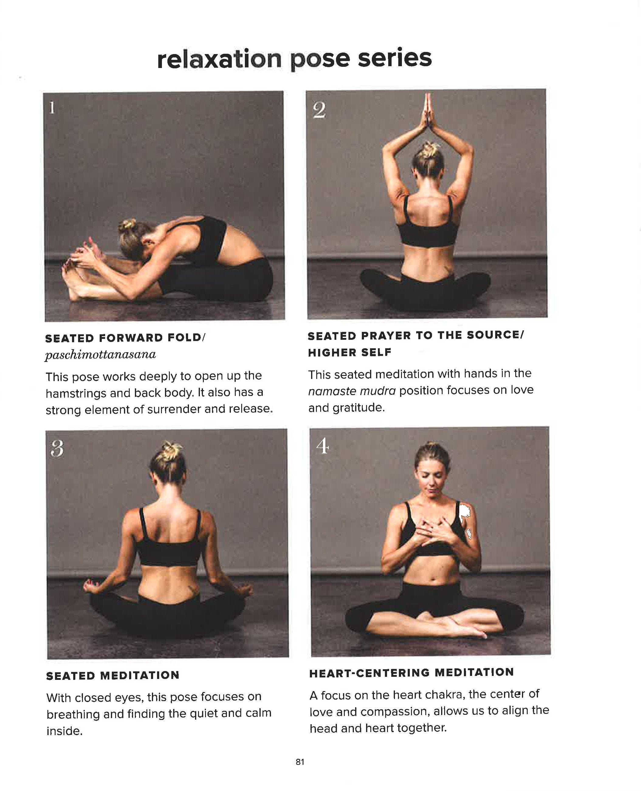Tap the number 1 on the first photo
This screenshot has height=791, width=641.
click(x=52, y=108)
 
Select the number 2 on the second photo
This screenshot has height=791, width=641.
click(x=319, y=110)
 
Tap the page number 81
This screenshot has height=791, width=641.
click(x=300, y=762)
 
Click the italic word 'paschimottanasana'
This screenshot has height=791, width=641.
click(x=101, y=355)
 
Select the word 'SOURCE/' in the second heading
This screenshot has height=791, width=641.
click(x=495, y=335)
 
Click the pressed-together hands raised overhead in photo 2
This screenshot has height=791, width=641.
click(x=428, y=111)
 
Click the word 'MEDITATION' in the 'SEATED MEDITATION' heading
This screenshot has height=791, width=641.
click(x=140, y=676)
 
